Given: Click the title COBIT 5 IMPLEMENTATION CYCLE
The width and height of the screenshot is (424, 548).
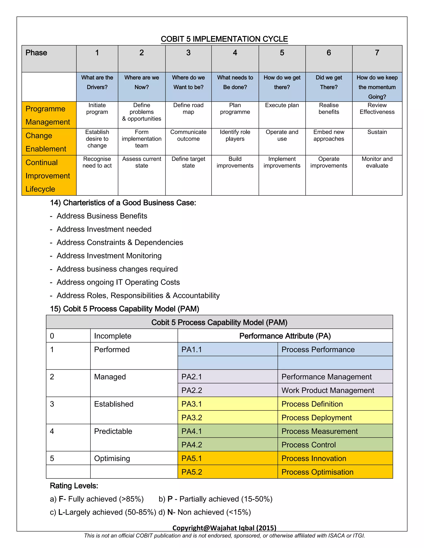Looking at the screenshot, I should [x=224, y=39].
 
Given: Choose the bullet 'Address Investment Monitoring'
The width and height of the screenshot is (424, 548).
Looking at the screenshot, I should [x=109, y=256].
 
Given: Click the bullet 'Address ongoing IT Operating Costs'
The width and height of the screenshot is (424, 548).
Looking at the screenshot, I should [x=118, y=282].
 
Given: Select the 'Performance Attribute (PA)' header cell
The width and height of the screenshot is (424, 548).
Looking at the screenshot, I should [x=285, y=336].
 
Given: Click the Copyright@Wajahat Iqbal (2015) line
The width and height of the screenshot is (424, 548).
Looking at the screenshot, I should [x=224, y=528].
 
